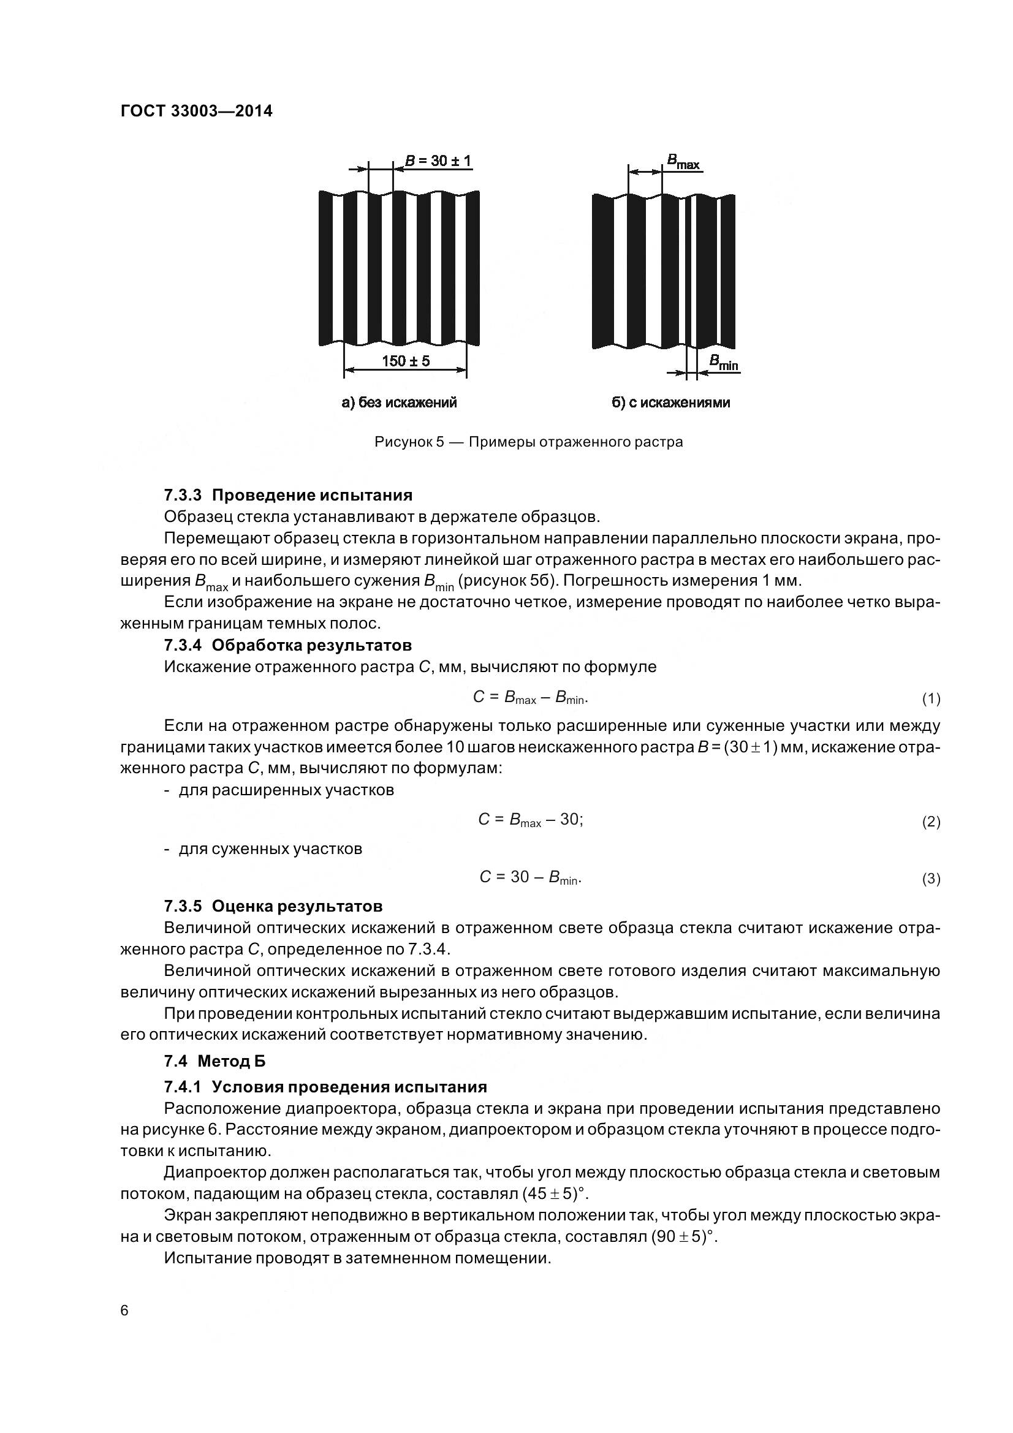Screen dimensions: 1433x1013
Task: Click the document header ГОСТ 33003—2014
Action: [196, 111]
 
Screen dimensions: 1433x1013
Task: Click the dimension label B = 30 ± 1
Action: [438, 161]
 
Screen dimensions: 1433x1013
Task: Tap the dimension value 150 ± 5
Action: [406, 361]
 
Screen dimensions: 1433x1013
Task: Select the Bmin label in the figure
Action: [723, 363]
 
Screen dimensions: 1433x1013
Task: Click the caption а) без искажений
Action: [400, 403]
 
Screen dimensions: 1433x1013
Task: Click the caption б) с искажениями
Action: [671, 403]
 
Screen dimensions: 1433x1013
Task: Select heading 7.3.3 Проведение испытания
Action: [288, 495]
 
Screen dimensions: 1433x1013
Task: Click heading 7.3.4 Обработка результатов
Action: [288, 645]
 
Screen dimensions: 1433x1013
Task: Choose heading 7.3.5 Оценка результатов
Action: [273, 906]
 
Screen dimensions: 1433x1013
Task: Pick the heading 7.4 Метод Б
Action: [214, 1061]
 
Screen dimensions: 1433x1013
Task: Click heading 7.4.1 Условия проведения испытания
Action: [325, 1087]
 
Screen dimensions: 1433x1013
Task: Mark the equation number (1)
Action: [931, 699]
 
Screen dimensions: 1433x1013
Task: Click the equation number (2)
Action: [931, 822]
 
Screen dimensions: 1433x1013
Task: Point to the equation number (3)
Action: [931, 879]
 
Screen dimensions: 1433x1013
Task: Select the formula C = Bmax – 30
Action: [531, 820]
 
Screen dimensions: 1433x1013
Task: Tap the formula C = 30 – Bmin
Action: [531, 877]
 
